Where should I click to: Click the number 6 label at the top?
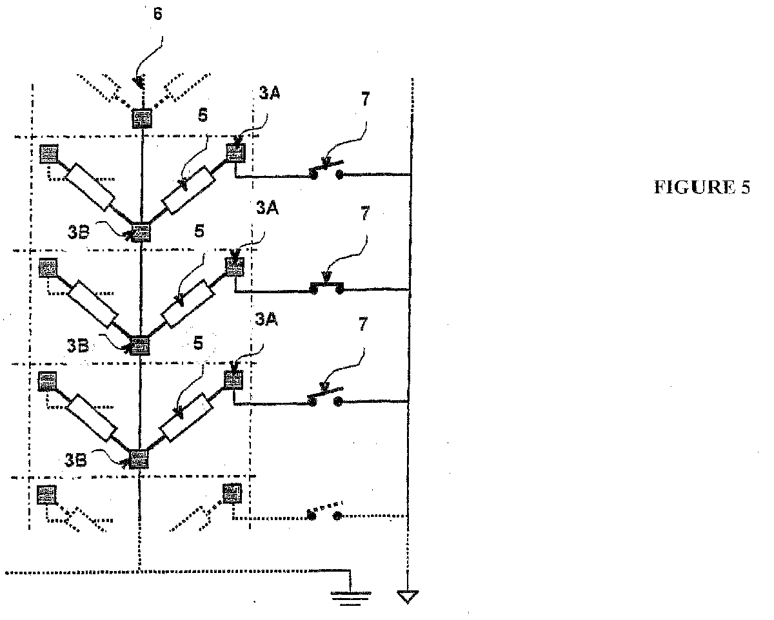coord(158,14)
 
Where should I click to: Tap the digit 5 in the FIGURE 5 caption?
coord(745,188)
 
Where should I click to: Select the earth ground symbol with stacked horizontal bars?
coord(351,599)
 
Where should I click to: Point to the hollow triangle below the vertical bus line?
coord(408,597)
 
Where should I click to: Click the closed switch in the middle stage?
coord(326,288)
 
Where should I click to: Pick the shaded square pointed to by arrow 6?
coord(142,119)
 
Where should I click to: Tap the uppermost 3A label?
coord(270,93)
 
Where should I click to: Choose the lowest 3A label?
coord(266,319)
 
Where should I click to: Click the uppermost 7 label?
coord(366,99)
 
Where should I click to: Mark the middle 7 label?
coord(365,213)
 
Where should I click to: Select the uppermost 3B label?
coord(78,232)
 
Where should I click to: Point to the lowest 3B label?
coord(75,460)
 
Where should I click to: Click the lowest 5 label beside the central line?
coord(198,343)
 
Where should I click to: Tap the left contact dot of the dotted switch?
coord(312,516)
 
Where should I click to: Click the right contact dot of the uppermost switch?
coord(339,175)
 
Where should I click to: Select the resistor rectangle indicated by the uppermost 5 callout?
coord(189,190)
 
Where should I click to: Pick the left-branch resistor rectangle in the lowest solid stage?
coord(92,418)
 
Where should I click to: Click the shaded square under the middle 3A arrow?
coord(235,267)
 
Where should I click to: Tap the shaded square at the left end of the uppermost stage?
coord(48,154)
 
